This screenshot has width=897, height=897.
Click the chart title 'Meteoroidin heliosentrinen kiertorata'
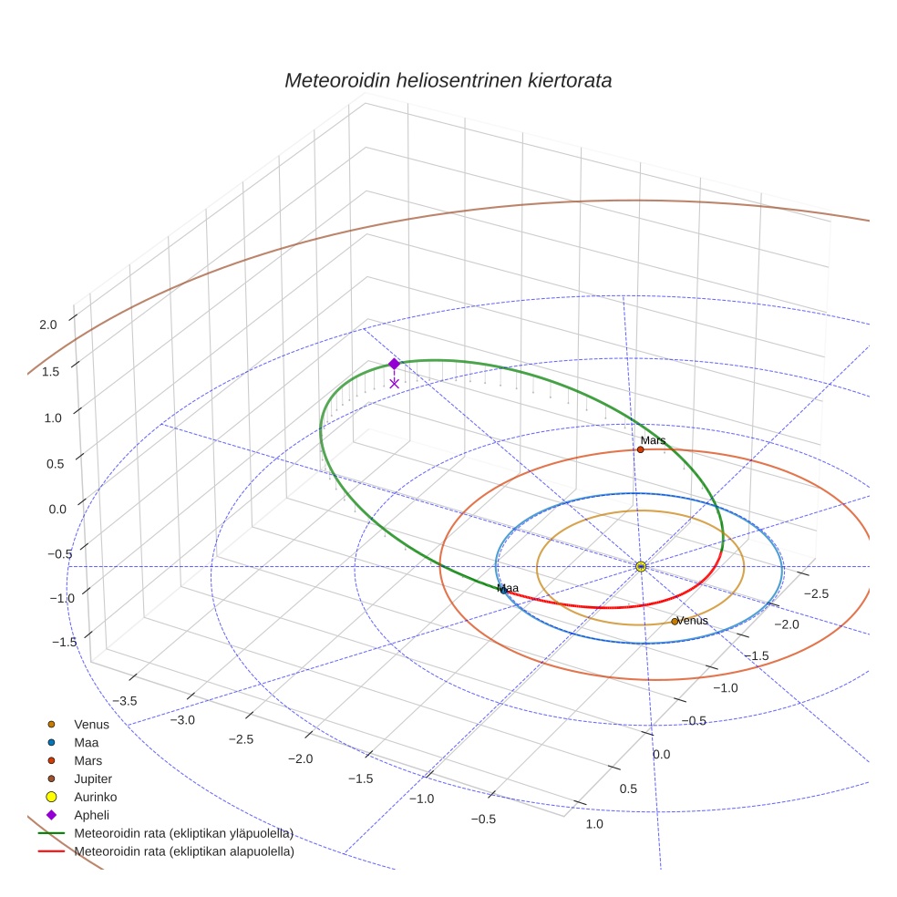[448, 80]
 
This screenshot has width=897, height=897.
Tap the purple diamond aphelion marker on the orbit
[394, 364]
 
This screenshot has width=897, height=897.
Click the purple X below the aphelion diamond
[394, 383]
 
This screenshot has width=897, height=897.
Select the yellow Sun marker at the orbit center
[641, 566]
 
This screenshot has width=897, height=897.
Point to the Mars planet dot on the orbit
[641, 449]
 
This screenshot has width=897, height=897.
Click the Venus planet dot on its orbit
[675, 622]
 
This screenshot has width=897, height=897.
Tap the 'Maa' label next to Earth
[509, 588]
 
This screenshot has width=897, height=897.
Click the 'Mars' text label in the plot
[653, 440]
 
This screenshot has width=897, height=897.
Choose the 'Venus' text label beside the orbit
[693, 621]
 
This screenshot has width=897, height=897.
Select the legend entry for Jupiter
[93, 778]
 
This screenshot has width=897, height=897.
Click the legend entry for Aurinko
[95, 797]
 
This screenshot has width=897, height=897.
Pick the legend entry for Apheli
[92, 815]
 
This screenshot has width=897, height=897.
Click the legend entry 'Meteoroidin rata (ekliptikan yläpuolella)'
[183, 833]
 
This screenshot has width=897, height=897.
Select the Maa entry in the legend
[88, 742]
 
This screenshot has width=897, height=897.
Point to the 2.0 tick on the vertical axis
[48, 324]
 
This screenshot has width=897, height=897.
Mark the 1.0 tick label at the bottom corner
[593, 824]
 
